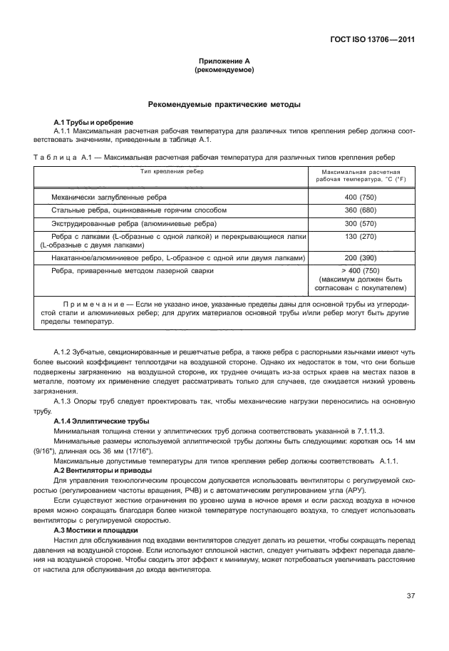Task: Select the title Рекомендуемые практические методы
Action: point(224,105)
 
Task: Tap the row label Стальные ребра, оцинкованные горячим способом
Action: point(139,210)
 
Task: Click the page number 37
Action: point(411,595)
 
